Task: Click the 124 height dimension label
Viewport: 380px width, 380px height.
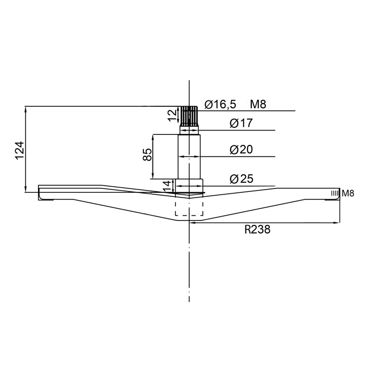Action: tap(20, 150)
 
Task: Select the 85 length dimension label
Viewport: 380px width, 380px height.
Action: tap(147, 155)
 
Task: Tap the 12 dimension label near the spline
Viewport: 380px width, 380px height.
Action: tap(172, 116)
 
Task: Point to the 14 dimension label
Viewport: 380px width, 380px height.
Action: tap(167, 186)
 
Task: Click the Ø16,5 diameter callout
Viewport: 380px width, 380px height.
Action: tap(220, 104)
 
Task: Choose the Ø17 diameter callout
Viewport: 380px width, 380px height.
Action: tap(241, 123)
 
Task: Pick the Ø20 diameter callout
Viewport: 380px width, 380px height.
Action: tap(241, 149)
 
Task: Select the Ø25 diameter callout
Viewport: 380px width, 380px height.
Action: tap(241, 179)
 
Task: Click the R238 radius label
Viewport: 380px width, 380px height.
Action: tap(257, 229)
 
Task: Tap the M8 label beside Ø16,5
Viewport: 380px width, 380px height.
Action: tap(258, 104)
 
